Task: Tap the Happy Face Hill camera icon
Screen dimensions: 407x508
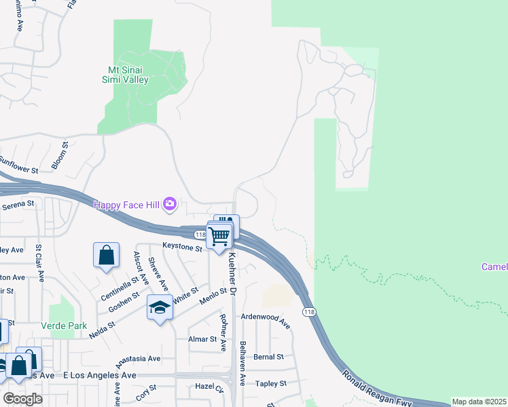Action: [170, 203]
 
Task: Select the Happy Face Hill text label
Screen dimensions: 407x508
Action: [128, 204]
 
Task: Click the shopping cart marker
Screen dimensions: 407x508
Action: [219, 237]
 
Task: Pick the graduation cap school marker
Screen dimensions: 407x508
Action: [160, 307]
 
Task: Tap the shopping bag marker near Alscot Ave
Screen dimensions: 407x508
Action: [107, 256]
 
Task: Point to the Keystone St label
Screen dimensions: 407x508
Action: [182, 248]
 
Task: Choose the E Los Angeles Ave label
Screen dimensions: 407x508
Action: [99, 375]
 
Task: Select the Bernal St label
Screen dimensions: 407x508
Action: [268, 357]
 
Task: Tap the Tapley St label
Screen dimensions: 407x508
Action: [271, 383]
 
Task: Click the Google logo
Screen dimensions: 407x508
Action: [22, 398]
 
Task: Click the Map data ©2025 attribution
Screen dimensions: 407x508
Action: [479, 402]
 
